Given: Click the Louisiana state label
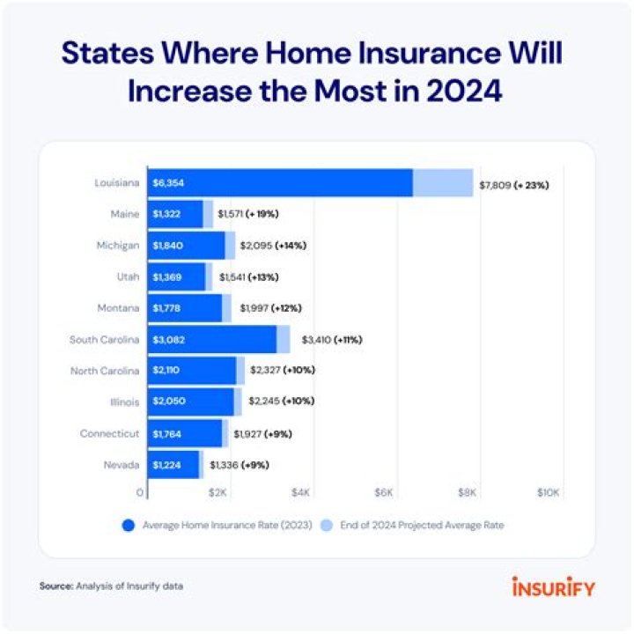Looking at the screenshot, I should click(x=118, y=183).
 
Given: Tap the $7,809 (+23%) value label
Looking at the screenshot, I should click(x=513, y=185).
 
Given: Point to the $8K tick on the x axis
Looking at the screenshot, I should click(x=468, y=492).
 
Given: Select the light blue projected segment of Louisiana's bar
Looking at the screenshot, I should click(x=443, y=183).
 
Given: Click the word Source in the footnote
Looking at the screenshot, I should click(x=54, y=586).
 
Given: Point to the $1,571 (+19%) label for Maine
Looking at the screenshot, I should click(x=249, y=214).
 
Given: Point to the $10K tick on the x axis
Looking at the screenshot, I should click(x=548, y=492).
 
